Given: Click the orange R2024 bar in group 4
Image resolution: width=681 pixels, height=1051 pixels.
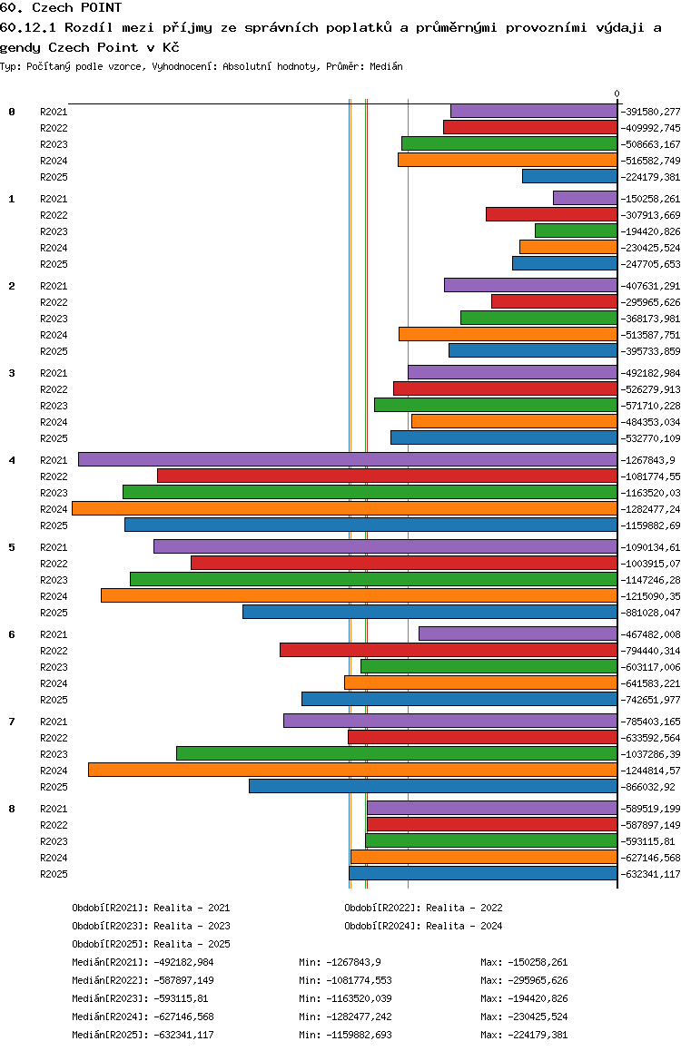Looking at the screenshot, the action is pos(344,508).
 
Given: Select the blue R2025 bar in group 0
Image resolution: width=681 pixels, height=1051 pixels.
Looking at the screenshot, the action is pos(569,176).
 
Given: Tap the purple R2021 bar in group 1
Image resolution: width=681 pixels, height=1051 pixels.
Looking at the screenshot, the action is pos(585,198).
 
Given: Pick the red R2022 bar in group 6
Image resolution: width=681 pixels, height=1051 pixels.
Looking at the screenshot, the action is pos(449,650).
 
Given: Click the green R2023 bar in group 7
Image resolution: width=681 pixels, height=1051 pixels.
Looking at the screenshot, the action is pos(397,753).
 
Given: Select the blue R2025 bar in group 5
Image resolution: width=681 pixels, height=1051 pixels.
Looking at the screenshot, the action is pos(429,612).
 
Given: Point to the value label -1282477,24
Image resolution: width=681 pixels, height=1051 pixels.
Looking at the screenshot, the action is pos(650,509).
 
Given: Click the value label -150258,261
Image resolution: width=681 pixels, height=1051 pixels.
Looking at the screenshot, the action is pos(650,199).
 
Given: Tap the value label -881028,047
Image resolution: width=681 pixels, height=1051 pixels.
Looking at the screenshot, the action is pos(650,613).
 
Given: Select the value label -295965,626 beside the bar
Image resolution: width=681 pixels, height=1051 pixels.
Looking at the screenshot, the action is pos(650,302).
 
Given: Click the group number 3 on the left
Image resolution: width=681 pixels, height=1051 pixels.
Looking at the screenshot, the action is pos(12,373).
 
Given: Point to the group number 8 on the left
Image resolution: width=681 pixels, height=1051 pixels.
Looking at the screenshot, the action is pos(12,809).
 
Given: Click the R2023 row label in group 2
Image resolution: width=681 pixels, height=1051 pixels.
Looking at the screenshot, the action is pos(54,319).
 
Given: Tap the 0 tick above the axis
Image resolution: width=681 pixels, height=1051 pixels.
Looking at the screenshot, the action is pos(617,93).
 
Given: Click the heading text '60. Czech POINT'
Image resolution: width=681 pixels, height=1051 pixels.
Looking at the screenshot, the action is pos(61,7).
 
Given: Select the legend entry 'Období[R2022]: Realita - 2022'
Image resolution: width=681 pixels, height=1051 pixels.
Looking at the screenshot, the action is pos(424,908).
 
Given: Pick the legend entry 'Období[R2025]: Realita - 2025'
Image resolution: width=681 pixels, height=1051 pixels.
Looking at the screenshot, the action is pos(151,944).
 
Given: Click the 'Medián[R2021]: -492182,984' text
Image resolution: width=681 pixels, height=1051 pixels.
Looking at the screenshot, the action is pos(143,962).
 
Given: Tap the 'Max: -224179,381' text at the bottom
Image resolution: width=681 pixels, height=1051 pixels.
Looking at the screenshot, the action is pos(524,1035).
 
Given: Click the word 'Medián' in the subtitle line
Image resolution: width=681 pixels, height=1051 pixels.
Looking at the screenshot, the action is pos(386,66).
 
